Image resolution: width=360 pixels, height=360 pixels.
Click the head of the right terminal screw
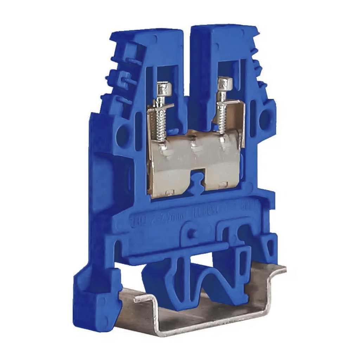click(223, 83)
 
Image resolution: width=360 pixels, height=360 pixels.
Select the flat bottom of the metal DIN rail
click(197, 316)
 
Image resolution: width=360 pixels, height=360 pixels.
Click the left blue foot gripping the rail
click(93, 302)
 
